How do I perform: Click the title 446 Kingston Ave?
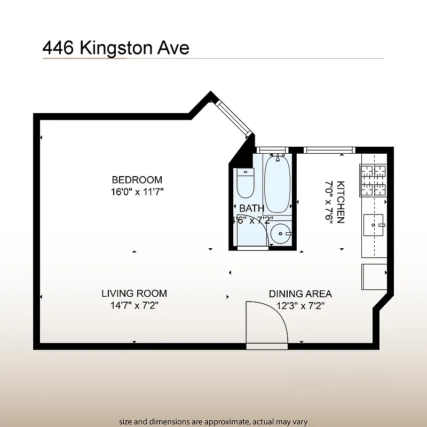116,48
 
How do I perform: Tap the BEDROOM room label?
137,180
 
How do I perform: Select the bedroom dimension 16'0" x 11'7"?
137,192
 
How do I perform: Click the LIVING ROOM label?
134,294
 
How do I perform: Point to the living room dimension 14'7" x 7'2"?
134,305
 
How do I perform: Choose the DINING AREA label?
300,294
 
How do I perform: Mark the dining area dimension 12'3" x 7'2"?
300,305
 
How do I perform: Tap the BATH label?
251,208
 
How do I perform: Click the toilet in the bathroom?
245,183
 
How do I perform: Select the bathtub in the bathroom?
277,184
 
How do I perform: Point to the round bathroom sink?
280,233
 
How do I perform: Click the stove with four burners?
374,180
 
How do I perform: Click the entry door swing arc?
267,323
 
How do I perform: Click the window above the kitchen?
329,150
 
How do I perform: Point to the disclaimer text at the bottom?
213,422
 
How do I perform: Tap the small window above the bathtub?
272,150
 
